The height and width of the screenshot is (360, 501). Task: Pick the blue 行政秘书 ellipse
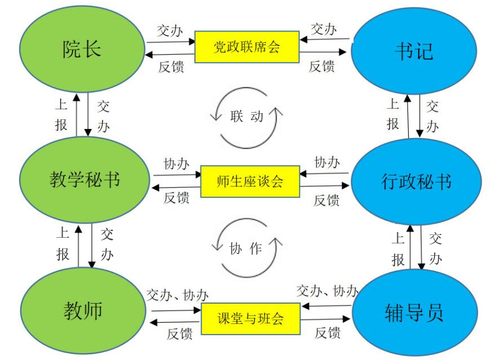[x=416, y=182]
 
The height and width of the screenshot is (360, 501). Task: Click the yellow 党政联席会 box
[x=246, y=46]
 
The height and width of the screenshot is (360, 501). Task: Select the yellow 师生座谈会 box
[x=249, y=181]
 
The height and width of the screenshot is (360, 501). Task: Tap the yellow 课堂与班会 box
[x=250, y=319]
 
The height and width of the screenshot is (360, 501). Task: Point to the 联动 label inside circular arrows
[x=246, y=117]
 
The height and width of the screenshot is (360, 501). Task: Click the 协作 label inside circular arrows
[x=246, y=248]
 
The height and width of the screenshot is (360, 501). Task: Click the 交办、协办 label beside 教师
[x=178, y=295]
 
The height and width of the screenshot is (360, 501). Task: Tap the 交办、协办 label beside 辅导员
[x=327, y=291]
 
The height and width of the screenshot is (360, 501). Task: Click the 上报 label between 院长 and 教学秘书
[x=61, y=114]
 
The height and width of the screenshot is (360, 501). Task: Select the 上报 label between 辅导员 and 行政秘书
[x=398, y=248]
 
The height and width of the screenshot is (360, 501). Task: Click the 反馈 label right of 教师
[x=180, y=334]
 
